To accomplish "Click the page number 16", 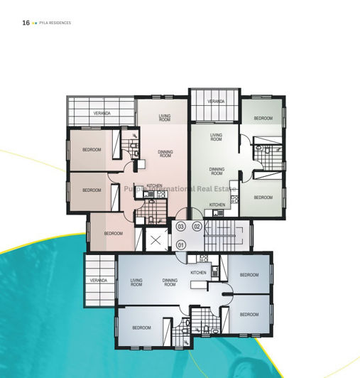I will [x=26, y=23].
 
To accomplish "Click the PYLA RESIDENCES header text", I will [x=56, y=23].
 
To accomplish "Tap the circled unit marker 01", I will [x=181, y=245].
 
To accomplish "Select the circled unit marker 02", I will [x=197, y=226].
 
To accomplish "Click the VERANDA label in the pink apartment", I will [x=102, y=114].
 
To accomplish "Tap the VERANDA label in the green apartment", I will [x=216, y=102].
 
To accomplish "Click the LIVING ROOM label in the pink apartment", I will [x=165, y=118].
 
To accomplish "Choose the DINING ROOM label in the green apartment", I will [x=217, y=171].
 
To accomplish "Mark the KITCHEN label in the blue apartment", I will [x=198, y=273].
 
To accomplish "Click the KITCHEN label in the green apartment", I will [x=217, y=205].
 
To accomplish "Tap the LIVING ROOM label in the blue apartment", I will [x=136, y=282].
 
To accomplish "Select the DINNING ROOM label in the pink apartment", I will [x=165, y=153].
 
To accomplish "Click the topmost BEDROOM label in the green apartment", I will [x=263, y=118].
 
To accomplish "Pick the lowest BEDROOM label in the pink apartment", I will [x=114, y=233].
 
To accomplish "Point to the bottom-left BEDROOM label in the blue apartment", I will [x=141, y=328].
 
